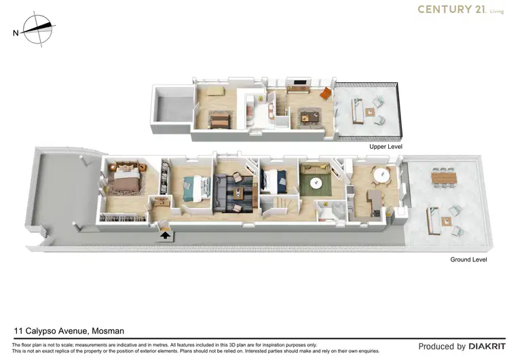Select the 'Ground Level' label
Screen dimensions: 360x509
[x=468, y=259]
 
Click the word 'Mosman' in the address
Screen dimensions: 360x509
[x=107, y=331]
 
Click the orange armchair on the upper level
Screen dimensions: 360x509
[x=324, y=93]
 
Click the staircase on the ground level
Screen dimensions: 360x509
[x=280, y=204]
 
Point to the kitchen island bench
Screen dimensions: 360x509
[x=374, y=202]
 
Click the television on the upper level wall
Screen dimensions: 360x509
[x=299, y=85]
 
